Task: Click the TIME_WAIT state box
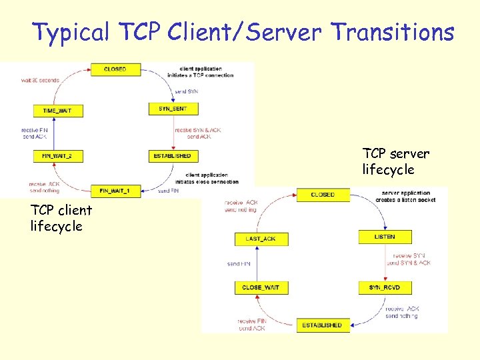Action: [59, 110]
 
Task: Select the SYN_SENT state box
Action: [173, 109]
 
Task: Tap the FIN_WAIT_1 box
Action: [115, 191]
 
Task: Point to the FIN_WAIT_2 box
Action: [59, 156]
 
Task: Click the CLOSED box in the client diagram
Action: [115, 69]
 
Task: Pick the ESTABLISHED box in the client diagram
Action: [173, 156]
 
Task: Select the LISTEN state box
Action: [384, 237]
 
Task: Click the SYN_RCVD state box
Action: [384, 287]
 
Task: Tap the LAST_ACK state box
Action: [261, 239]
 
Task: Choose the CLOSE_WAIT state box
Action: [261, 287]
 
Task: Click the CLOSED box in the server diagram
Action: [323, 195]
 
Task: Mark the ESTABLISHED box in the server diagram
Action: [322, 325]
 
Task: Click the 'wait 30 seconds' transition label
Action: [40, 80]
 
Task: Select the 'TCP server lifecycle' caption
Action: [395, 162]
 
